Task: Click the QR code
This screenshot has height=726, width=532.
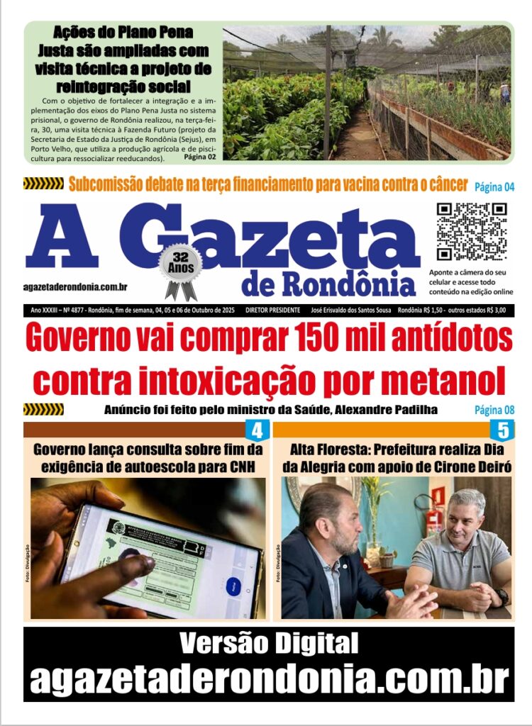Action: (471, 231)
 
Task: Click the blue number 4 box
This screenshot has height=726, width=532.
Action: (257, 430)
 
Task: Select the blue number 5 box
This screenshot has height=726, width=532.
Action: (502, 430)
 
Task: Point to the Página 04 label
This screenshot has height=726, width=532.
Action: (494, 187)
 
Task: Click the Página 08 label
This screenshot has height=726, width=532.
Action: (494, 410)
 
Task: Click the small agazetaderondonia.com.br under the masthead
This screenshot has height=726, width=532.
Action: (75, 287)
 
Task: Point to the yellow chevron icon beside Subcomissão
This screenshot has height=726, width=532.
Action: (43, 184)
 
